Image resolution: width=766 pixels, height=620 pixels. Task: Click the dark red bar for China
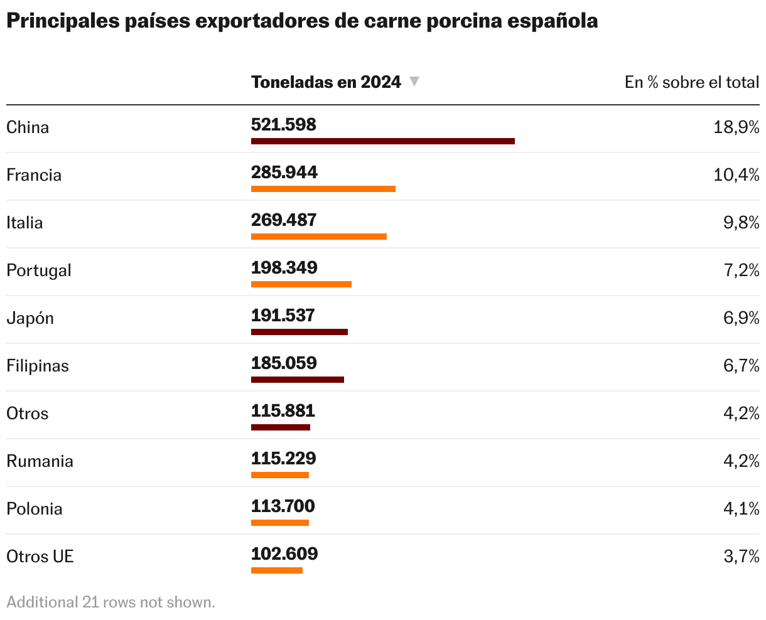pos(382,141)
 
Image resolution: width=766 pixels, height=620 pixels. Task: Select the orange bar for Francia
pos(323,189)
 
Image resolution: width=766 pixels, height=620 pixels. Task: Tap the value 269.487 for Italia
pos(284,220)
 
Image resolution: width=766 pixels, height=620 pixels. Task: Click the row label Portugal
pos(39,270)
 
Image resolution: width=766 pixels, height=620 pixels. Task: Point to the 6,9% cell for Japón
pos(741,318)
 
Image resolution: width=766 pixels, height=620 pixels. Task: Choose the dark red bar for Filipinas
pos(297,380)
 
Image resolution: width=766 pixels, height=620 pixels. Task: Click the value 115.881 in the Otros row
pos(283,411)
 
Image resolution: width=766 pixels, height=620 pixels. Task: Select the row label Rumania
pos(40,461)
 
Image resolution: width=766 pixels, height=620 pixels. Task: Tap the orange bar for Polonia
pos(279,523)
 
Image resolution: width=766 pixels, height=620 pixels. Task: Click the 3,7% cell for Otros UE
pos(741,557)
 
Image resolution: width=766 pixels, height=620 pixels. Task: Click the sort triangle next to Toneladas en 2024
pos(414,82)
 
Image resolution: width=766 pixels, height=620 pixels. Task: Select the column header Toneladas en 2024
pos(326,82)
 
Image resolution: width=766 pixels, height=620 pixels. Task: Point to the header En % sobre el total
pos(691,82)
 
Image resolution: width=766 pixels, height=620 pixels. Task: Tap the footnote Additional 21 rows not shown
pos(111,602)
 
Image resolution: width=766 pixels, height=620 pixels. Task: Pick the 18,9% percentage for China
pos(736,127)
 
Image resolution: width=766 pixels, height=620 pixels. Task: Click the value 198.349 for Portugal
pos(284,268)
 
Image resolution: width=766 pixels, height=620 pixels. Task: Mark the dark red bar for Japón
pos(299,332)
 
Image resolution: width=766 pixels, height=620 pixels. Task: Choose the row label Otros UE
pos(40,557)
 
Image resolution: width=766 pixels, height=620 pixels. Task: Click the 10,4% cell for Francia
pos(736,175)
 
